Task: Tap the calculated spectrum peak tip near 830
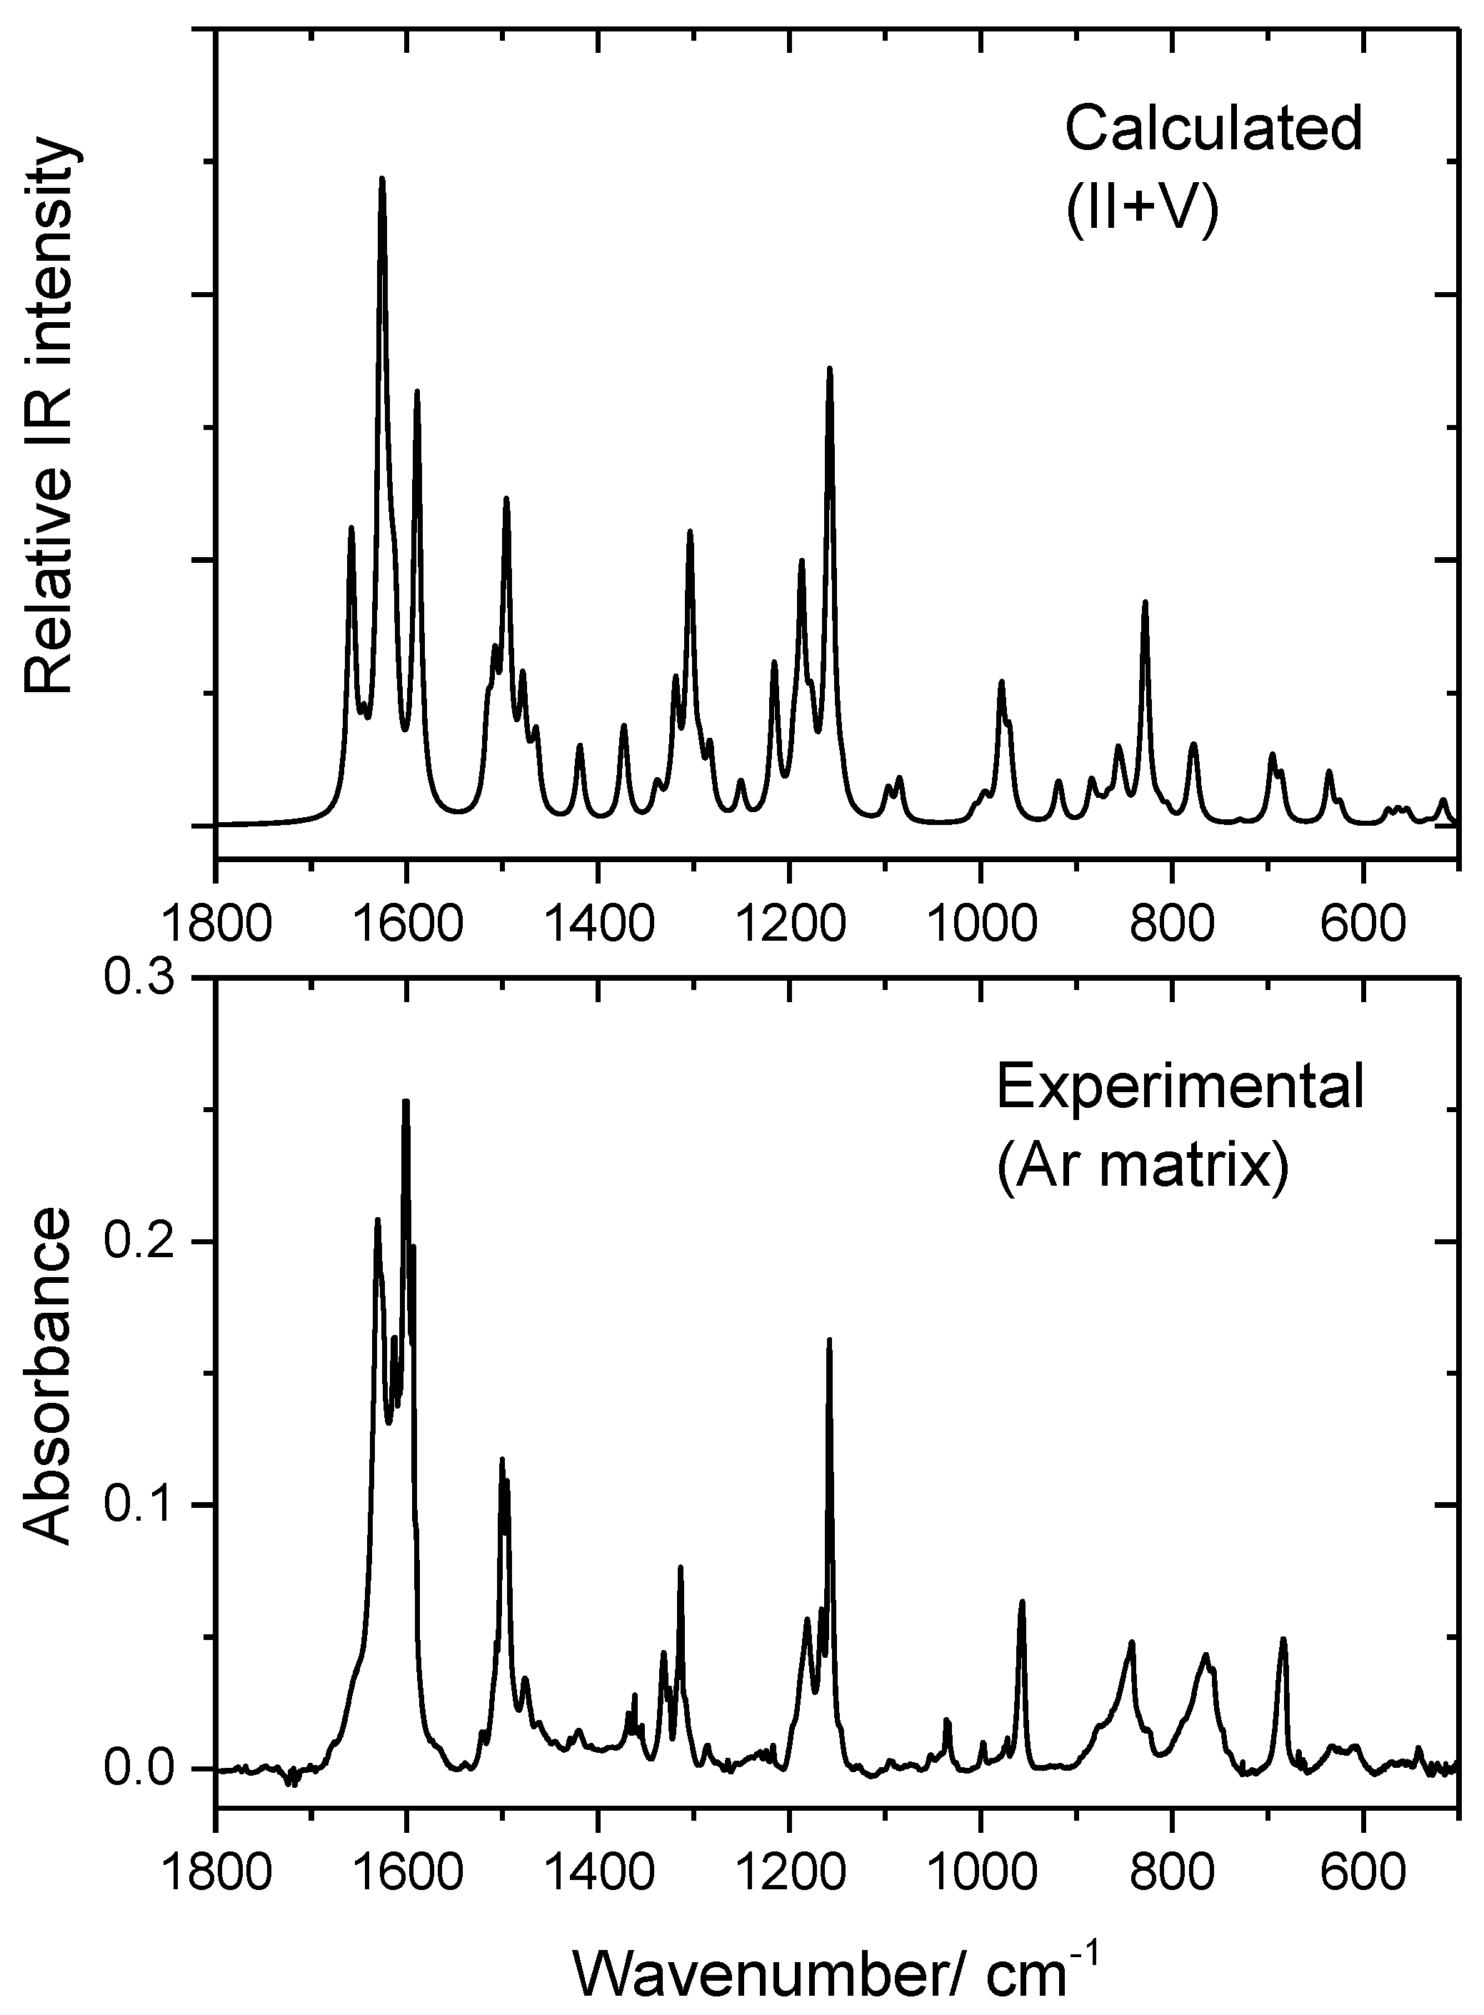(x=1145, y=602)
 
